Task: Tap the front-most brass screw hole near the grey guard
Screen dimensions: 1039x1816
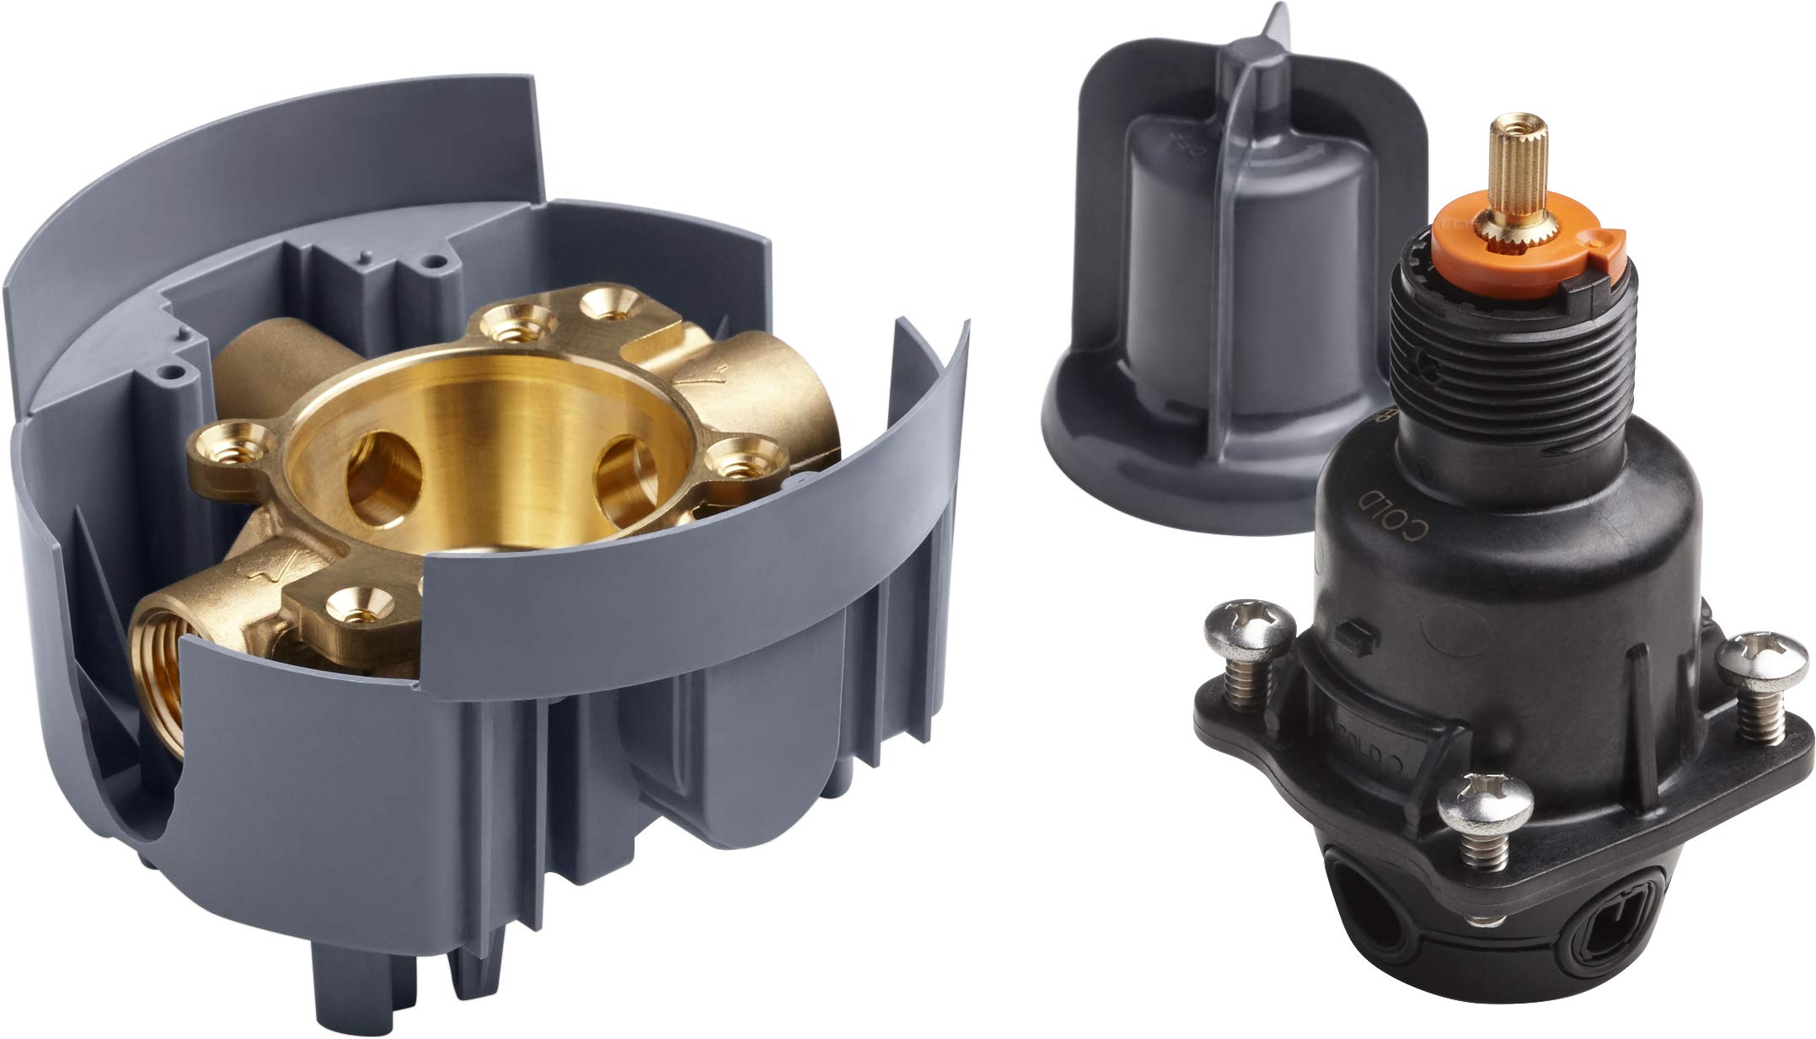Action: click(360, 599)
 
